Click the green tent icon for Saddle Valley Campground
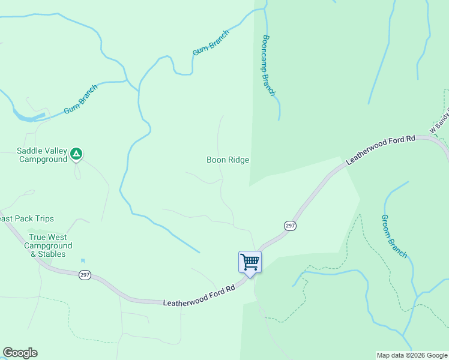[76, 154]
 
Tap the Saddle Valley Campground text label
[43, 155]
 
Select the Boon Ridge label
[228, 160]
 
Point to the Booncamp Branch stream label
[268, 65]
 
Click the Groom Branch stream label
[394, 236]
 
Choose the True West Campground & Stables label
[48, 246]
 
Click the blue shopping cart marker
[250, 262]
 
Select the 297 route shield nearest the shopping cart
[290, 225]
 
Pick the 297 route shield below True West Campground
[85, 275]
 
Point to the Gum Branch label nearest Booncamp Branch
[211, 43]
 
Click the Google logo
[20, 353]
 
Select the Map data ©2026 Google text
[412, 355]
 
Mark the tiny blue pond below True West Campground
[82, 262]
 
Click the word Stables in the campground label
[53, 254]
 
